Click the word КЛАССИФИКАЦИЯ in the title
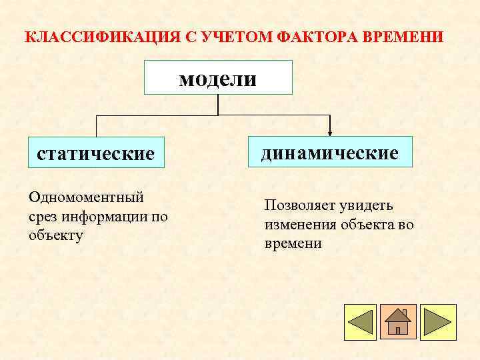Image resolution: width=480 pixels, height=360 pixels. (x=101, y=36)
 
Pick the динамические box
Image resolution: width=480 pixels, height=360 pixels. (x=329, y=152)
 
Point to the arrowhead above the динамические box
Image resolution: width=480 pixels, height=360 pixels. (x=329, y=133)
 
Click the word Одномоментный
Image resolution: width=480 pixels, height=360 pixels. (x=87, y=197)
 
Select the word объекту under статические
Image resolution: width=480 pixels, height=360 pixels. (x=57, y=235)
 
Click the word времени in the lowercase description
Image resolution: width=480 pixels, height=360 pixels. (x=293, y=243)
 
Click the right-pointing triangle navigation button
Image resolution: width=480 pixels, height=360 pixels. (x=437, y=322)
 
